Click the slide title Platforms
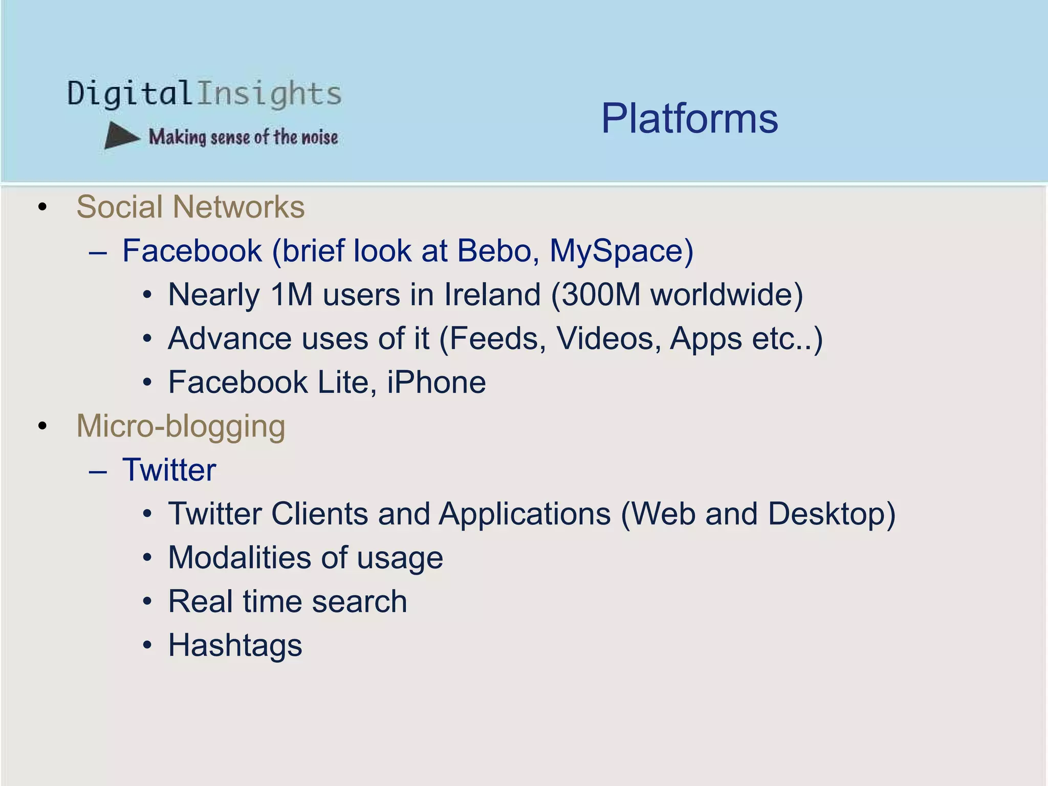click(689, 119)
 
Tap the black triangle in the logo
click(120, 136)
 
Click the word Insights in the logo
click(269, 94)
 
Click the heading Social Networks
click(190, 207)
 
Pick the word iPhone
click(436, 382)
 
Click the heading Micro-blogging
click(181, 426)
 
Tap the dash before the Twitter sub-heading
click(98, 471)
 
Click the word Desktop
click(831, 514)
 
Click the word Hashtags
click(235, 645)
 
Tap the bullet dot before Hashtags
click(147, 646)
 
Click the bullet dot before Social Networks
click(42, 207)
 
